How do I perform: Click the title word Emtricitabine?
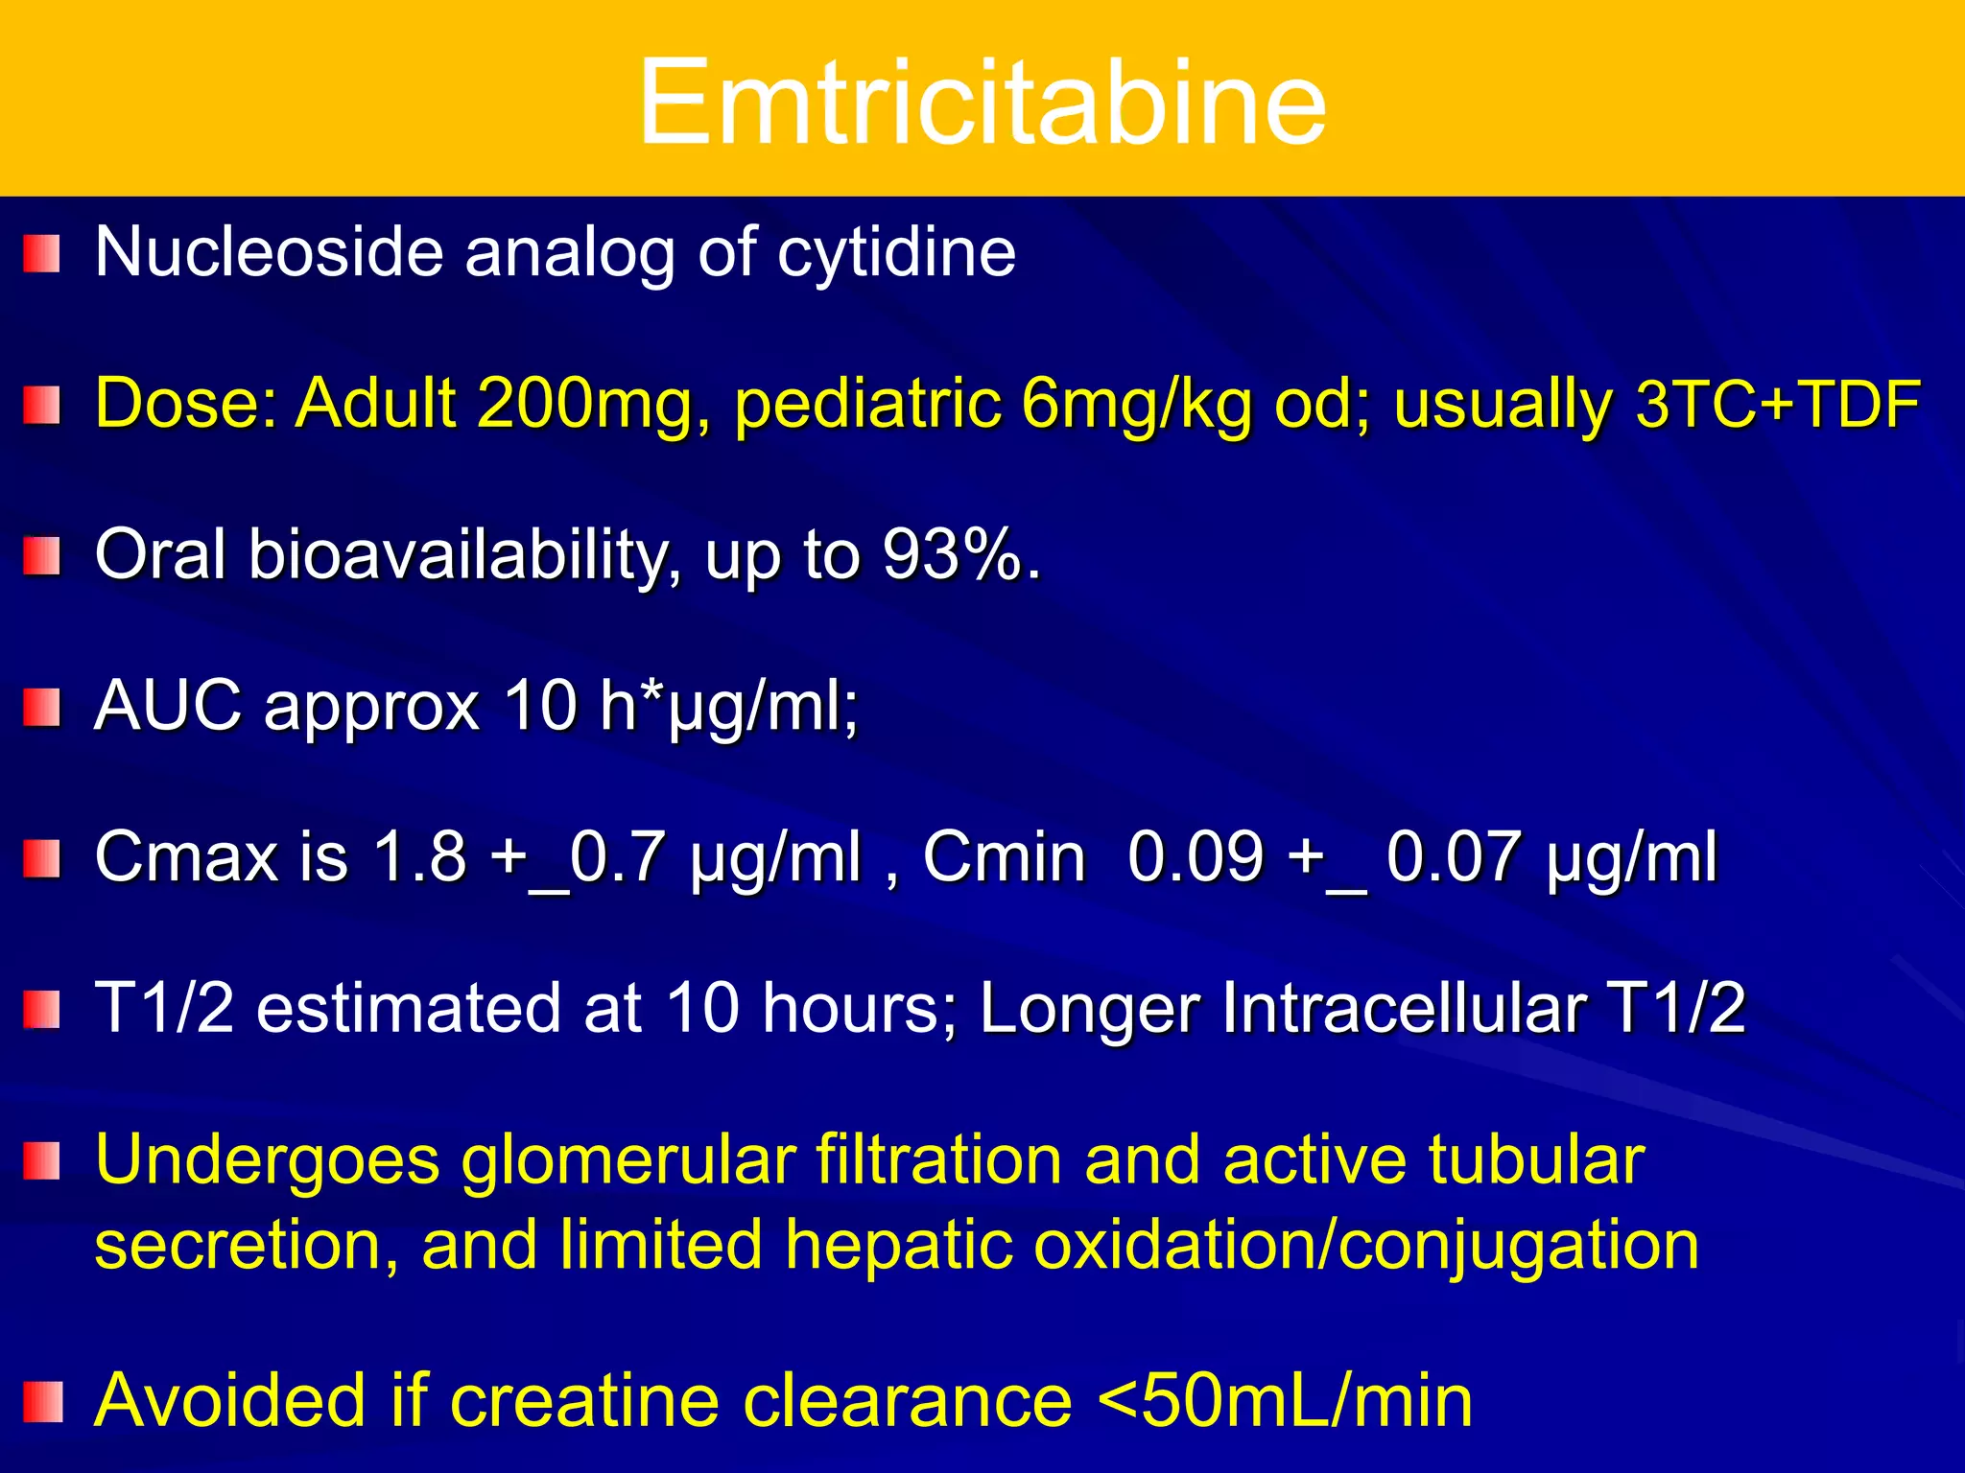(982, 102)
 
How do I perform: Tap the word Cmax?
(186, 856)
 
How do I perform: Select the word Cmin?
(1004, 856)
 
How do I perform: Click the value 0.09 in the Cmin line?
(1196, 856)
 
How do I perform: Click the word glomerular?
(627, 1160)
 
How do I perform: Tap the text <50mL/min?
(1285, 1401)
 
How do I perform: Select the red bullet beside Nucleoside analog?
(42, 254)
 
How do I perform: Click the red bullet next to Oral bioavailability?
(42, 556)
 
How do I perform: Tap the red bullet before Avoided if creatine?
(42, 1402)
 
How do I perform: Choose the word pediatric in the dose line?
(867, 403)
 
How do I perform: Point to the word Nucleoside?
(270, 253)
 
